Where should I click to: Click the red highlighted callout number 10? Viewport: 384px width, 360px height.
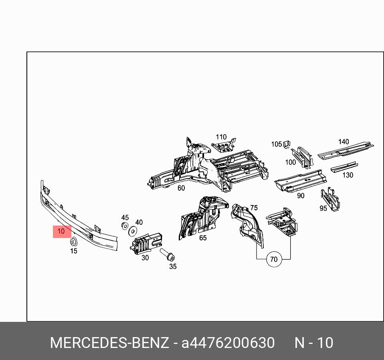[61, 231]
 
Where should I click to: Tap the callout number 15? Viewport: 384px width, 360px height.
[73, 251]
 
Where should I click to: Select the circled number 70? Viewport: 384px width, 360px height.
[273, 259]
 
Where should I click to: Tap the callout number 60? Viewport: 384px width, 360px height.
[181, 188]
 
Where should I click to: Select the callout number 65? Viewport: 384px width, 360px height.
[203, 238]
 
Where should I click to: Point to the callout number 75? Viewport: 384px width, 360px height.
[254, 208]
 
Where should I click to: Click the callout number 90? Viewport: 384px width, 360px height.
[301, 195]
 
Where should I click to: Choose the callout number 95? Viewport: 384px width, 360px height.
[323, 208]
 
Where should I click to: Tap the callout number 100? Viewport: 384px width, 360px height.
[290, 162]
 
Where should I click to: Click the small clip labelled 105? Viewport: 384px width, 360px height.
[287, 144]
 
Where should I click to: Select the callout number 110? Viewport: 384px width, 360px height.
[221, 137]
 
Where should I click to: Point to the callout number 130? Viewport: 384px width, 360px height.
[348, 175]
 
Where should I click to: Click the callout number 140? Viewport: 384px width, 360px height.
[344, 142]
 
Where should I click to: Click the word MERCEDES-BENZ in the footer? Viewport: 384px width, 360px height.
[109, 343]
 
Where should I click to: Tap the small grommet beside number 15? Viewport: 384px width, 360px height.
[74, 242]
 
